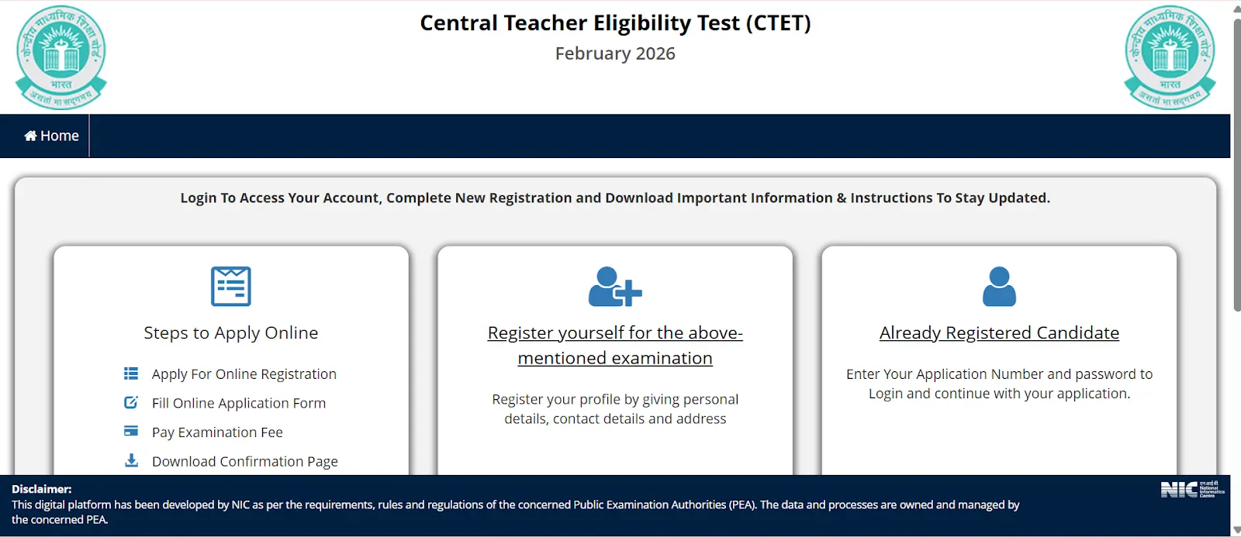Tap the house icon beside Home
tap(31, 136)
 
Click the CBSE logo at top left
tap(61, 57)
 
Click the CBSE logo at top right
tap(1170, 57)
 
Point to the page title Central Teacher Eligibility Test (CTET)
tap(615, 23)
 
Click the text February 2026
tap(615, 53)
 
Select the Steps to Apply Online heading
tap(231, 333)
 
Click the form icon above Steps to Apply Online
tap(231, 286)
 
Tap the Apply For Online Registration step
tap(244, 374)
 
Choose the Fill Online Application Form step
tap(238, 403)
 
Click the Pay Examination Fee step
tap(217, 432)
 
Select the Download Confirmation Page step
tap(244, 462)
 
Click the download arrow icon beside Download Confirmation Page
tap(132, 461)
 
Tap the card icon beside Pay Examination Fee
tap(131, 431)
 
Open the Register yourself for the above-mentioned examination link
tap(615, 345)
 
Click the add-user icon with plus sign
tap(615, 287)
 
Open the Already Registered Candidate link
tap(999, 333)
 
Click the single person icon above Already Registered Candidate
tap(999, 287)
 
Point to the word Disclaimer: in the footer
tap(41, 489)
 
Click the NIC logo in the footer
tap(1192, 489)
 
